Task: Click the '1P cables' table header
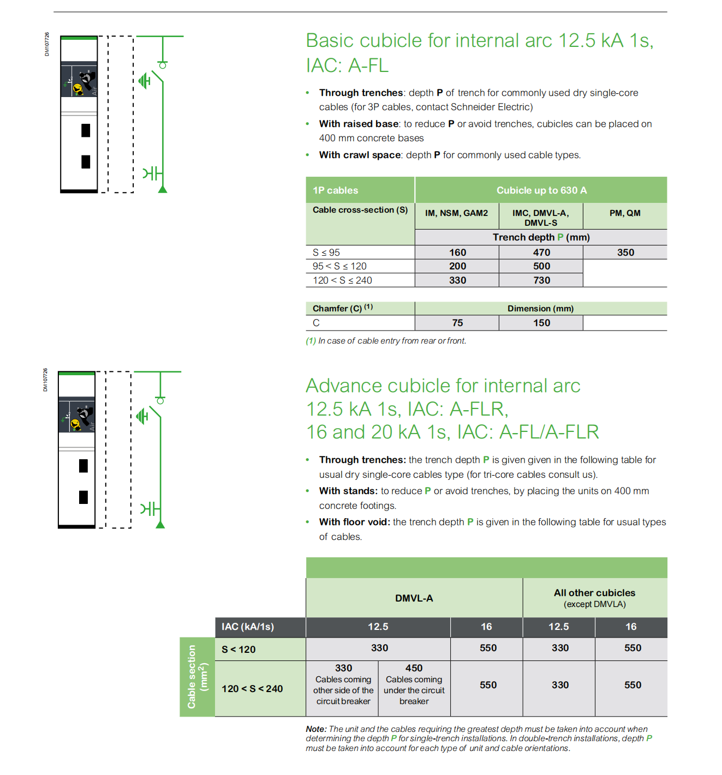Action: pos(335,190)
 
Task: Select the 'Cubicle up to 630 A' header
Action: pos(541,190)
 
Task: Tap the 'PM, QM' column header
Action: pos(625,213)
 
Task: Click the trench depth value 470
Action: pos(541,253)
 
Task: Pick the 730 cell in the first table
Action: pos(541,280)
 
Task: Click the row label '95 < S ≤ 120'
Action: pos(339,266)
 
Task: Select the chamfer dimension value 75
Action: pos(457,323)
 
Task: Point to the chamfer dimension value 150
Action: pos(541,323)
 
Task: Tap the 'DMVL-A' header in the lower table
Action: pos(414,598)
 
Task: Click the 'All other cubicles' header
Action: pos(594,593)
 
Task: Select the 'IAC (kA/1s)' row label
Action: pos(248,627)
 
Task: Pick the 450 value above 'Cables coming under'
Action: pos(414,668)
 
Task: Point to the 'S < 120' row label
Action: pos(238,650)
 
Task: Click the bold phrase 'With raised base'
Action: pos(359,124)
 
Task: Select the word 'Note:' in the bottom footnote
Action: pos(316,729)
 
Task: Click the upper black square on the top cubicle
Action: pos(86,130)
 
